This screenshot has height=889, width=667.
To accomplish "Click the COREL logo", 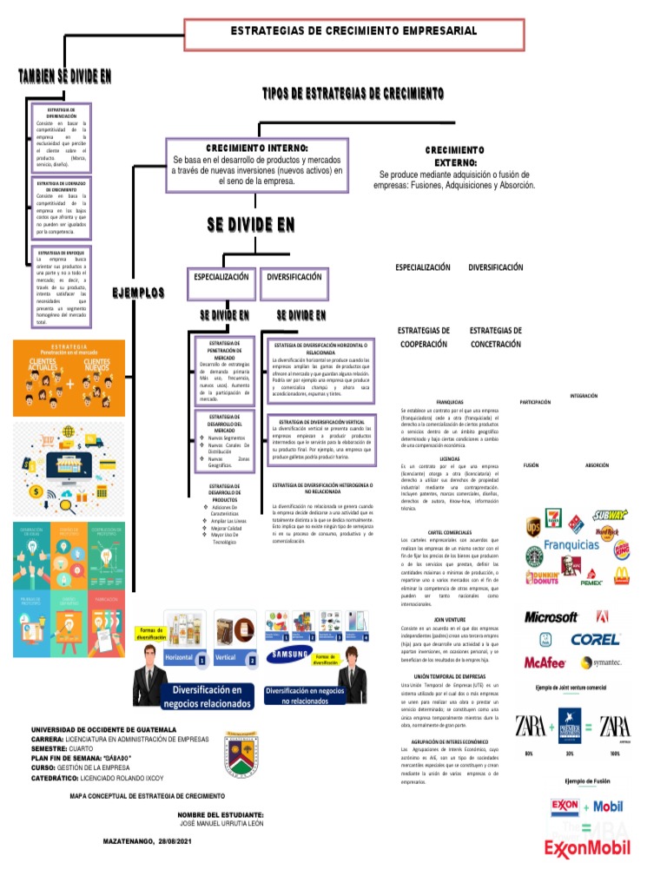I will (595, 640).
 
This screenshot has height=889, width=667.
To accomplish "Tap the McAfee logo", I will (545, 662).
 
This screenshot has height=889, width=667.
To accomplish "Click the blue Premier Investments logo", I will (571, 726).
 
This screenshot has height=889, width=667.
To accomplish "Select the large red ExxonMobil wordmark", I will (586, 848).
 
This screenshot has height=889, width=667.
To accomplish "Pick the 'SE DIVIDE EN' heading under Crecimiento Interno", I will (251, 225).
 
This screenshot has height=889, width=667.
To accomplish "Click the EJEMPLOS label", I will (138, 293).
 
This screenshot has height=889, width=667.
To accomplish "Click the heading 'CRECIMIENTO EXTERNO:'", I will (455, 156).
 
